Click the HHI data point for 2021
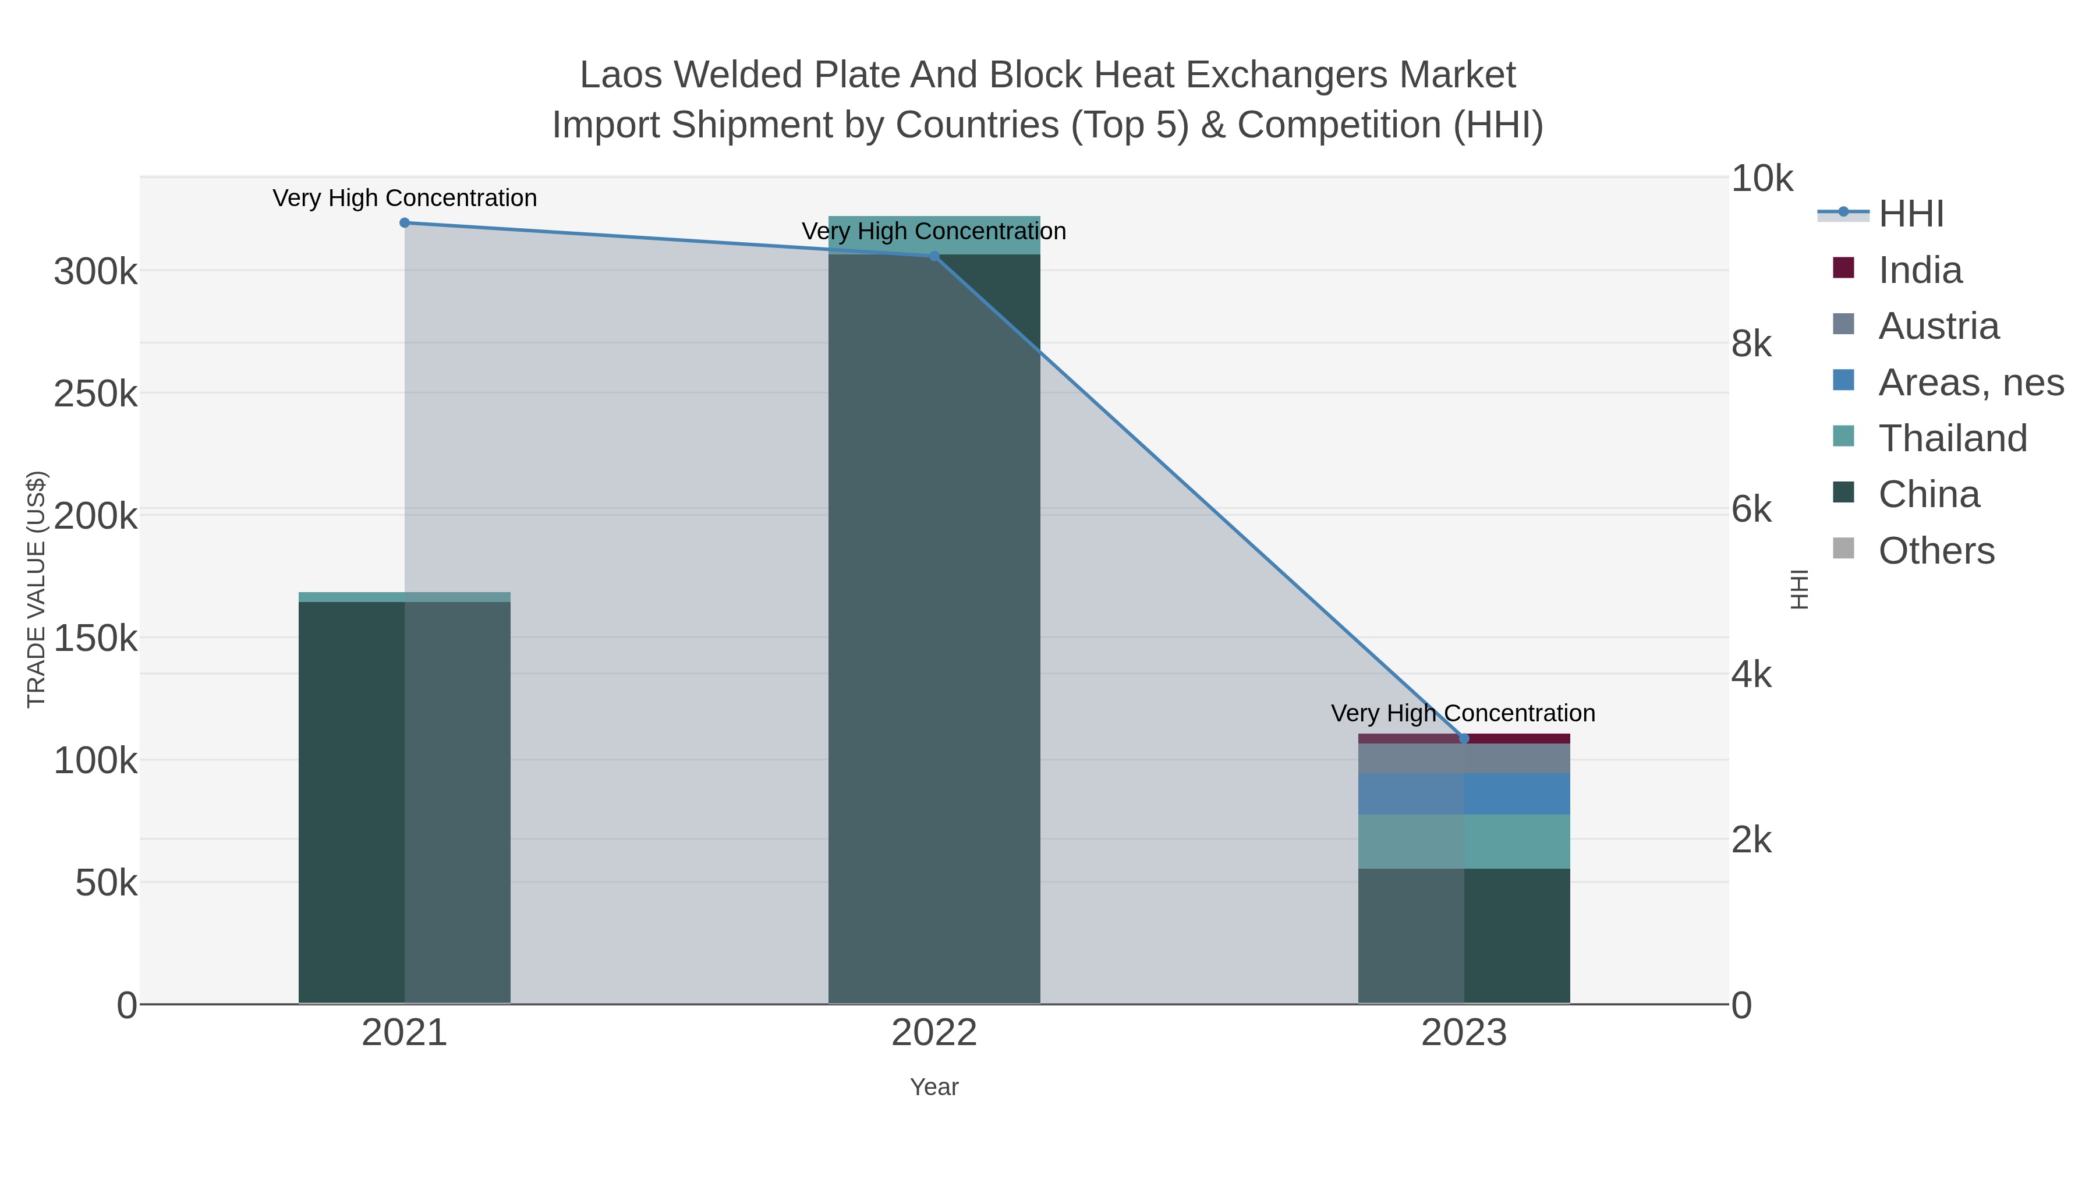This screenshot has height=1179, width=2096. pyautogui.click(x=405, y=223)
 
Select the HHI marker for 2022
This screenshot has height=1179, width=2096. pyautogui.click(x=934, y=256)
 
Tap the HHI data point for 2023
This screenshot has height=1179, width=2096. pyautogui.click(x=1464, y=739)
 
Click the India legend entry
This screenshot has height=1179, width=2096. pyautogui.click(x=1920, y=270)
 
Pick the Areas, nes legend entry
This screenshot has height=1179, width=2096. pyautogui.click(x=1970, y=383)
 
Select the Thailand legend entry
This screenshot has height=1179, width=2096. pyautogui.click(x=1952, y=438)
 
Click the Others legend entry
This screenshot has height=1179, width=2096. pyautogui.click(x=1936, y=551)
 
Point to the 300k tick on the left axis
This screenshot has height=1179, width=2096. pyautogui.click(x=95, y=272)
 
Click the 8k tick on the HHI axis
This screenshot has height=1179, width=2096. pyautogui.click(x=1751, y=344)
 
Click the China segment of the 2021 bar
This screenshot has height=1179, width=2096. pyautogui.click(x=352, y=802)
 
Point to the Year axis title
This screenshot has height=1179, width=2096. pyautogui.click(x=934, y=1087)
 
